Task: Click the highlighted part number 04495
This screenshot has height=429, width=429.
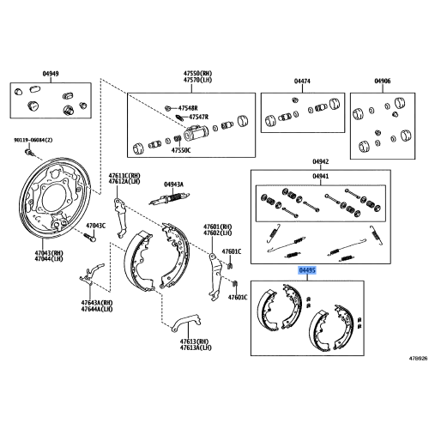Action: pyautogui.click(x=307, y=270)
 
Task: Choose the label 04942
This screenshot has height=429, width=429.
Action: pyautogui.click(x=320, y=160)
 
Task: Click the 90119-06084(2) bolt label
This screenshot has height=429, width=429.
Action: pyautogui.click(x=33, y=140)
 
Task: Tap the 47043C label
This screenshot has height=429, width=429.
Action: pyautogui.click(x=94, y=226)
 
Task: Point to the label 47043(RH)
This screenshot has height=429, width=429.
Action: pyautogui.click(x=50, y=253)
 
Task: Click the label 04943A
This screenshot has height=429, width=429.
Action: pyautogui.click(x=173, y=184)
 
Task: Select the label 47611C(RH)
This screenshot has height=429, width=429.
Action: pyautogui.click(x=123, y=175)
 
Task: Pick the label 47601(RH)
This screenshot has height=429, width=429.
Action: pyautogui.click(x=217, y=227)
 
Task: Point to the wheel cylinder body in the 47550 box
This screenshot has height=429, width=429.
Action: pyautogui.click(x=196, y=134)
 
